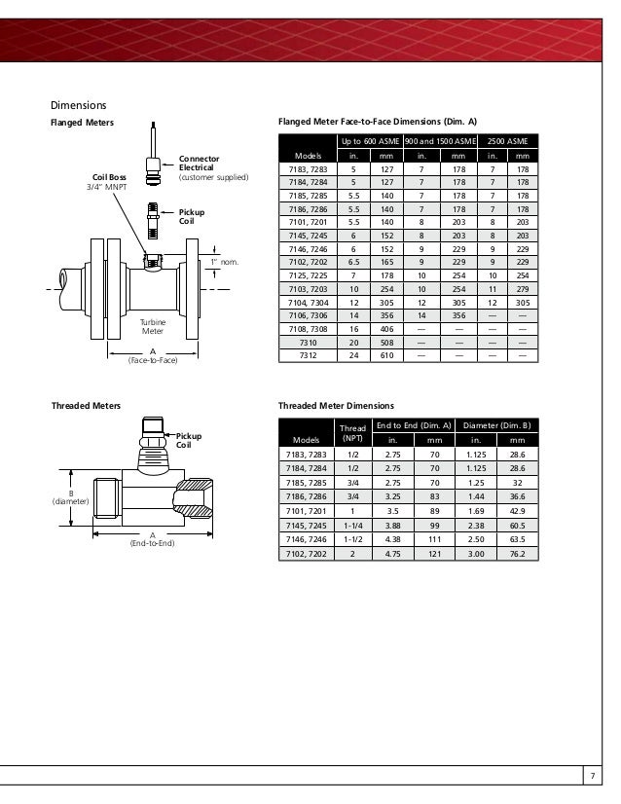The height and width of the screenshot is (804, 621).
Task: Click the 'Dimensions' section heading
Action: (x=78, y=105)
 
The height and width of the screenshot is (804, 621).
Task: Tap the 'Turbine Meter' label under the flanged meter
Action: (x=153, y=327)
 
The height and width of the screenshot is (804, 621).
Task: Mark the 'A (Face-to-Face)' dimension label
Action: (x=153, y=355)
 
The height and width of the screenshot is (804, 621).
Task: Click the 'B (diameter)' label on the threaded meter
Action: (x=70, y=497)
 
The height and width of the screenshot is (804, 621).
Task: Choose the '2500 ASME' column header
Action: (x=509, y=142)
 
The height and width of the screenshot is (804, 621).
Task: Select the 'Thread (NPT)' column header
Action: (x=352, y=432)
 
